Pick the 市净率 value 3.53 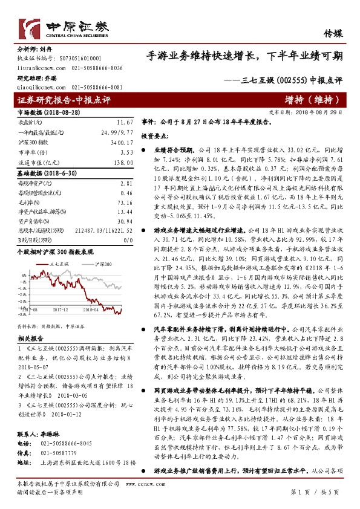coord(126,152)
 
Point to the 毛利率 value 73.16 coord(124,203)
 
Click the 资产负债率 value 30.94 coord(124,222)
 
